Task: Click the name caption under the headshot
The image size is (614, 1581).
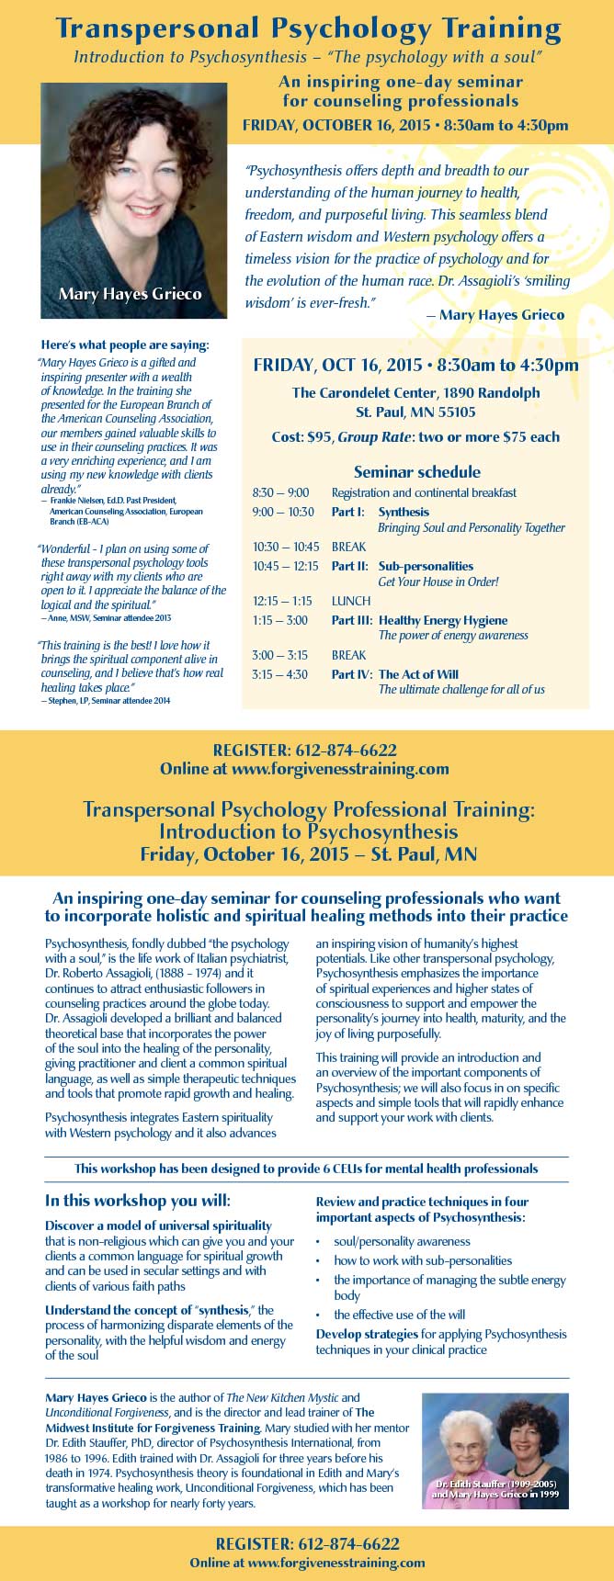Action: [130, 295]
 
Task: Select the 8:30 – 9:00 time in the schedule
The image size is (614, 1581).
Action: [280, 492]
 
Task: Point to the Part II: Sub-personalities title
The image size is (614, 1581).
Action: [403, 566]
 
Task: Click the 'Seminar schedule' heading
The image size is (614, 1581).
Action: [416, 471]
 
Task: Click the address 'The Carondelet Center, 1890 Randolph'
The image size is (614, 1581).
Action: [415, 392]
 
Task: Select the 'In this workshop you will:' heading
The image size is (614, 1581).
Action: [138, 1201]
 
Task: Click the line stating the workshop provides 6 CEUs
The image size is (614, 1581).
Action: [306, 1169]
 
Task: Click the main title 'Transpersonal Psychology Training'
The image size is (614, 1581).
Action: [307, 29]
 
